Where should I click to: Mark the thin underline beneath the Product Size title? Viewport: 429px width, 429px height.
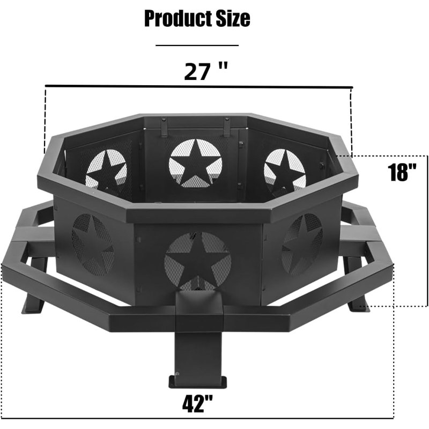point(197,46)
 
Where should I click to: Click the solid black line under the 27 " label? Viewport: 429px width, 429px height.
point(198,86)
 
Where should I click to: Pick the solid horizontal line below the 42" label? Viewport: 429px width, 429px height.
point(197,418)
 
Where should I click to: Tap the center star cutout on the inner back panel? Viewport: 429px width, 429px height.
point(195,163)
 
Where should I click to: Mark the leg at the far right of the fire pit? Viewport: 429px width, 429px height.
point(356,292)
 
